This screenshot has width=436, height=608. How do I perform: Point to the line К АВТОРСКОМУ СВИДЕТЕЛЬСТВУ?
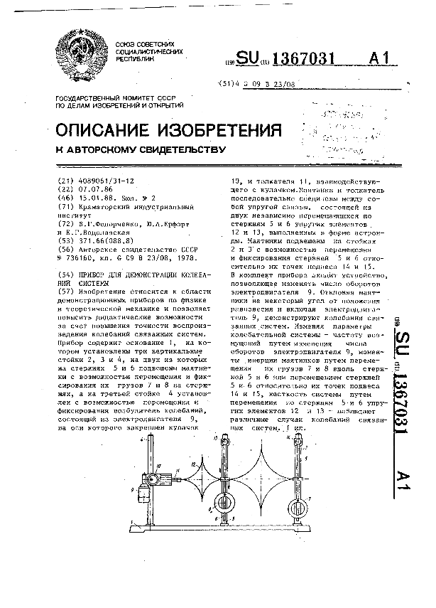(x=140, y=151)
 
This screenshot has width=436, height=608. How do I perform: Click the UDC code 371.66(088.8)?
(x=101, y=242)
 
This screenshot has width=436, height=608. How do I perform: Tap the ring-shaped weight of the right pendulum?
(x=296, y=507)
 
